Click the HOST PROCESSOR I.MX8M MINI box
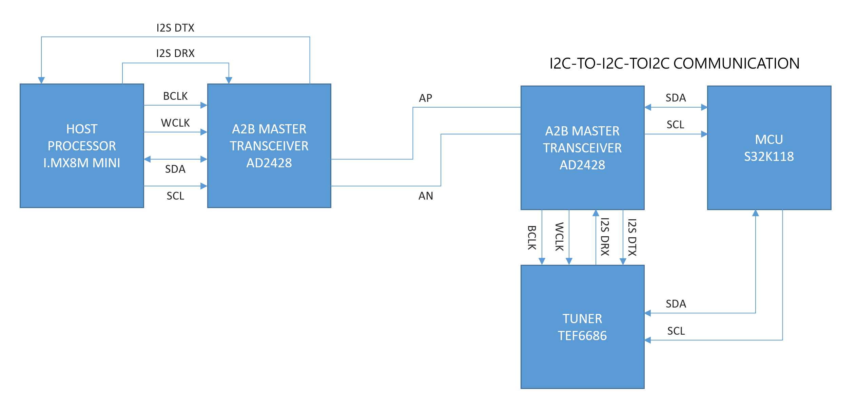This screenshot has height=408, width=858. coord(82,146)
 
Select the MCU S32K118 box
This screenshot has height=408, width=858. coord(769,148)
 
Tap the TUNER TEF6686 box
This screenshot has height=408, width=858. coord(582,327)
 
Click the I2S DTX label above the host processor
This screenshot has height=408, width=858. coord(175,28)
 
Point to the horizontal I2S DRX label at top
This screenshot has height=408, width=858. coord(175,53)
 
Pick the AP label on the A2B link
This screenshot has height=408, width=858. coord(425,98)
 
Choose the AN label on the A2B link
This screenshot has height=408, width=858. coord(426,196)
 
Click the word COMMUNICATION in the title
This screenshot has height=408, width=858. coord(736,63)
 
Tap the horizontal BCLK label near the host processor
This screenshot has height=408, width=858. coord(175,96)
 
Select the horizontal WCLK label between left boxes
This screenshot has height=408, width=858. coord(175,123)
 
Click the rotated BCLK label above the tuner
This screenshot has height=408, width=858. coord(532,238)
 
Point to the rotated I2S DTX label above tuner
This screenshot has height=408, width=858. coord(632,237)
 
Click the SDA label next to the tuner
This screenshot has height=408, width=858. coord(676,304)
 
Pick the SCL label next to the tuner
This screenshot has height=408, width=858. coord(676,331)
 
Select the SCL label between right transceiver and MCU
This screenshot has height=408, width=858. coord(675,125)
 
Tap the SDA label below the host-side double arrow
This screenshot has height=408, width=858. coord(175,169)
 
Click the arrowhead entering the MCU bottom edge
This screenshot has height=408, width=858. coord(756,213)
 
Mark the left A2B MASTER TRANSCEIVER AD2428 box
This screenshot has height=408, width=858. coord(269,146)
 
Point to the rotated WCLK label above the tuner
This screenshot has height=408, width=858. coord(559,237)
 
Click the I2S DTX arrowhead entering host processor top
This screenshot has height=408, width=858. coord(41,80)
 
